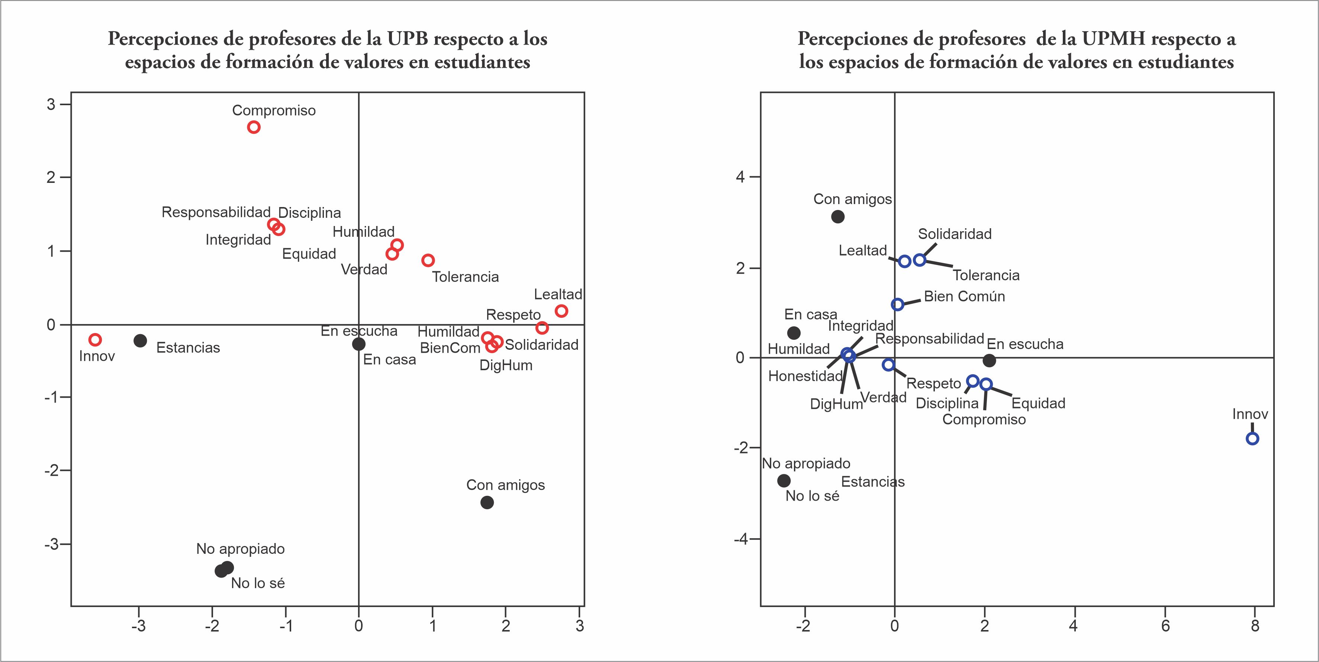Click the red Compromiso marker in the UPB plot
coord(254,127)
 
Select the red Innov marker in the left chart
coord(95,339)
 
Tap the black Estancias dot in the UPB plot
coord(140,340)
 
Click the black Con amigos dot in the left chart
coord(487,502)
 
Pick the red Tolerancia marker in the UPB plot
coord(428,260)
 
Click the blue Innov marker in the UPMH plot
coord(1252,438)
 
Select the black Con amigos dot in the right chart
coord(838,217)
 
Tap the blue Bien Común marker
coord(897,304)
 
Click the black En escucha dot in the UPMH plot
coord(989,361)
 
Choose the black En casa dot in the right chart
coord(794,333)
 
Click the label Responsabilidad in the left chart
coord(216,212)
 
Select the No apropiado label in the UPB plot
coord(240,549)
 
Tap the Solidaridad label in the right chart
coord(955,234)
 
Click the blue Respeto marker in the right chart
coord(888,365)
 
